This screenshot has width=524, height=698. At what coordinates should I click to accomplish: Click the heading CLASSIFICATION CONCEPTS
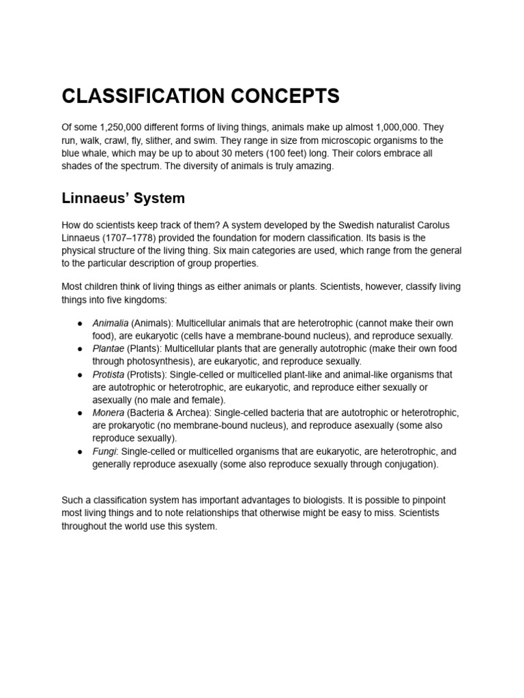pos(200,97)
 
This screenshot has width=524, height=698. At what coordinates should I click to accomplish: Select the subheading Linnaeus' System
pos(123,199)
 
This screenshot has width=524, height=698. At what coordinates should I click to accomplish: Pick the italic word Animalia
pos(111,323)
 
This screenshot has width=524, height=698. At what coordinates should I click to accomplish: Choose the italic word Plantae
pos(108,349)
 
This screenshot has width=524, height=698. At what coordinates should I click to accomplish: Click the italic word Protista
pos(108,375)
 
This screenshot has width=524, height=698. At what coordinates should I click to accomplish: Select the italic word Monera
pos(108,413)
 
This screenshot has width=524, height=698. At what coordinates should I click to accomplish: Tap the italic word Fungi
pos(104,451)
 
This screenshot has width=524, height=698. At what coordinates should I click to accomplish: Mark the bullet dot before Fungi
pos(80,452)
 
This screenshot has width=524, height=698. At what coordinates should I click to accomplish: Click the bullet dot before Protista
pos(80,375)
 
